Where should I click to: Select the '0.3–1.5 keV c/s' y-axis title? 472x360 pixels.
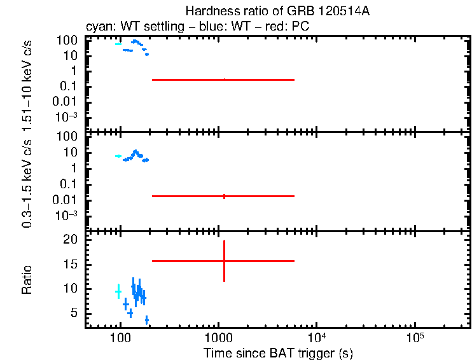[27, 183]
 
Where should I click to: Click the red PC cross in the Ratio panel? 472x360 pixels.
[224, 261]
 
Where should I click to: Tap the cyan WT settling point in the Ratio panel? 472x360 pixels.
[118, 291]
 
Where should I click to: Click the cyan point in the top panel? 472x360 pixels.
[118, 44]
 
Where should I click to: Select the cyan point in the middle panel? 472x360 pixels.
[118, 156]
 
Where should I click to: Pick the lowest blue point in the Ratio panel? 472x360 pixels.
[146, 320]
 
